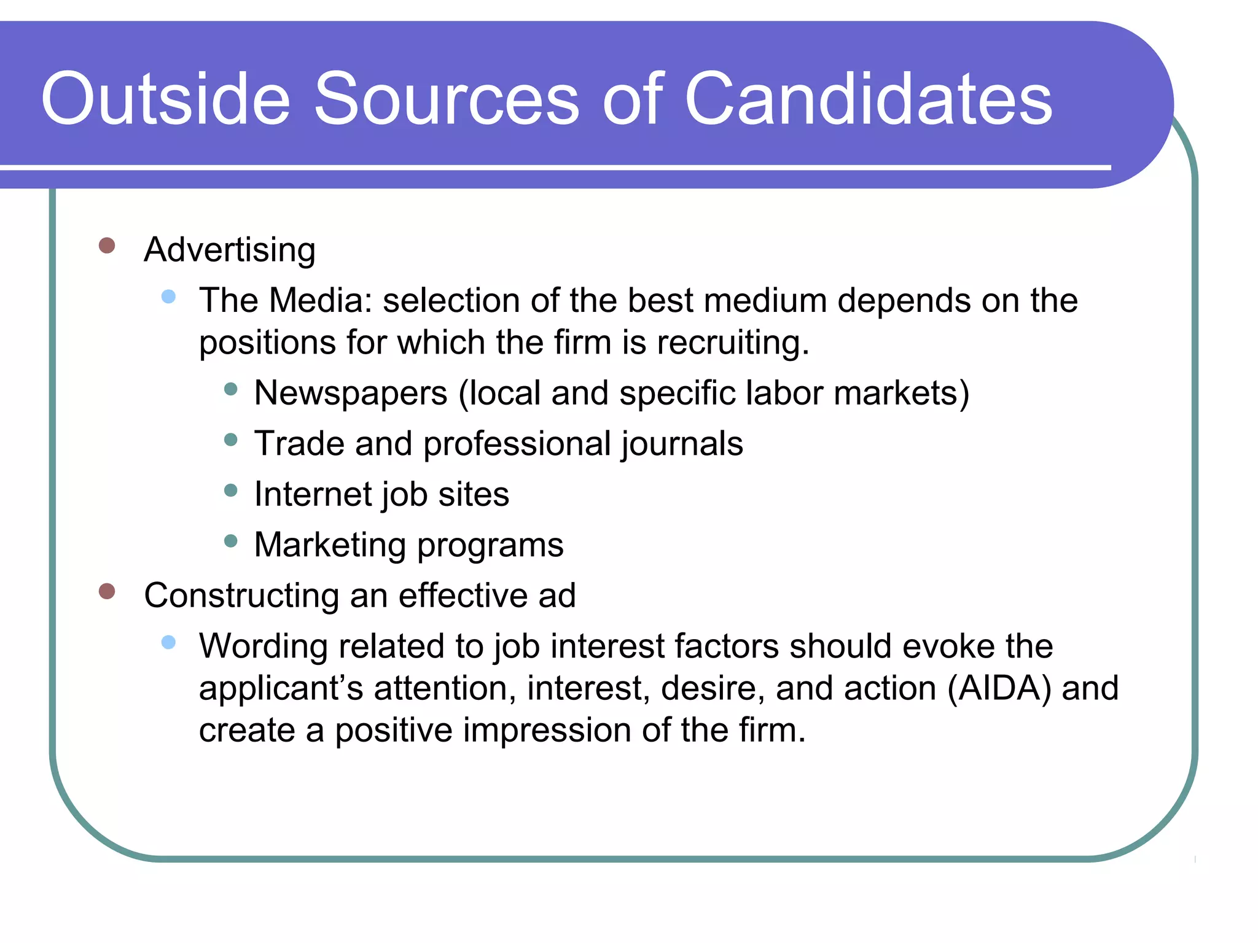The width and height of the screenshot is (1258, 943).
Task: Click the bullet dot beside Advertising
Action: pos(107,246)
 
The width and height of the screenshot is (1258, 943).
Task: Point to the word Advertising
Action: pos(230,250)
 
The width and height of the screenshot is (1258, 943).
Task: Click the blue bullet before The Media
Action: pos(168,297)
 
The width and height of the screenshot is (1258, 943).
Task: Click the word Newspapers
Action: pos(351,393)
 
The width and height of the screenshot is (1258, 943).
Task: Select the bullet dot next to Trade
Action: pos(231,440)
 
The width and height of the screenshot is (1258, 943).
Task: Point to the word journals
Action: pos(682,444)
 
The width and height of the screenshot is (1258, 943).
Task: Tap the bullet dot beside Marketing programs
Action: pos(231,541)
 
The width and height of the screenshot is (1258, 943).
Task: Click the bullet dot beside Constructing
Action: pos(107,591)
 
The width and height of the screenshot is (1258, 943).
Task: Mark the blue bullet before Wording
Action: pos(168,643)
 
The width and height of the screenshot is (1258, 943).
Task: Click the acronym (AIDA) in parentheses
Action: pos(999,688)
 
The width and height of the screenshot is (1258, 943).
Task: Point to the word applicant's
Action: pos(281,688)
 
